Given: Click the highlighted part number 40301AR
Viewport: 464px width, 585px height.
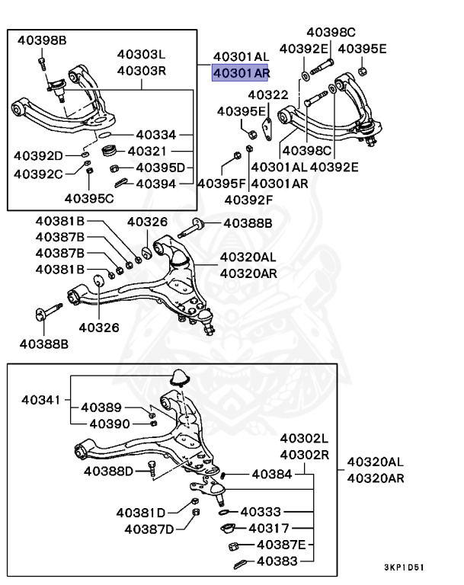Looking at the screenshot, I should tap(240, 73).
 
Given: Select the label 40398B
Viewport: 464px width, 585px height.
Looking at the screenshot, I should tap(42, 40).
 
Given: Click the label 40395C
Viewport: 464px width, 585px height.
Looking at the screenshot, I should tap(88, 199).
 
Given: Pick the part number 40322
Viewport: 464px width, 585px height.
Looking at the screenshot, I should tap(267, 94).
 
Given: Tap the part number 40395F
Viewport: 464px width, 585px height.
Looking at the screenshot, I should tap(222, 184).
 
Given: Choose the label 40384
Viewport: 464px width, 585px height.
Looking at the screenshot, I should tap(270, 474).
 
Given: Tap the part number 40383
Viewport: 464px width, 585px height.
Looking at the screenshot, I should tap(277, 562).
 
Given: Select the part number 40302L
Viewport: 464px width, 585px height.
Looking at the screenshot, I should tap(304, 440).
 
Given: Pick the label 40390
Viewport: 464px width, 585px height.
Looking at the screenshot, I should tap(109, 423).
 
